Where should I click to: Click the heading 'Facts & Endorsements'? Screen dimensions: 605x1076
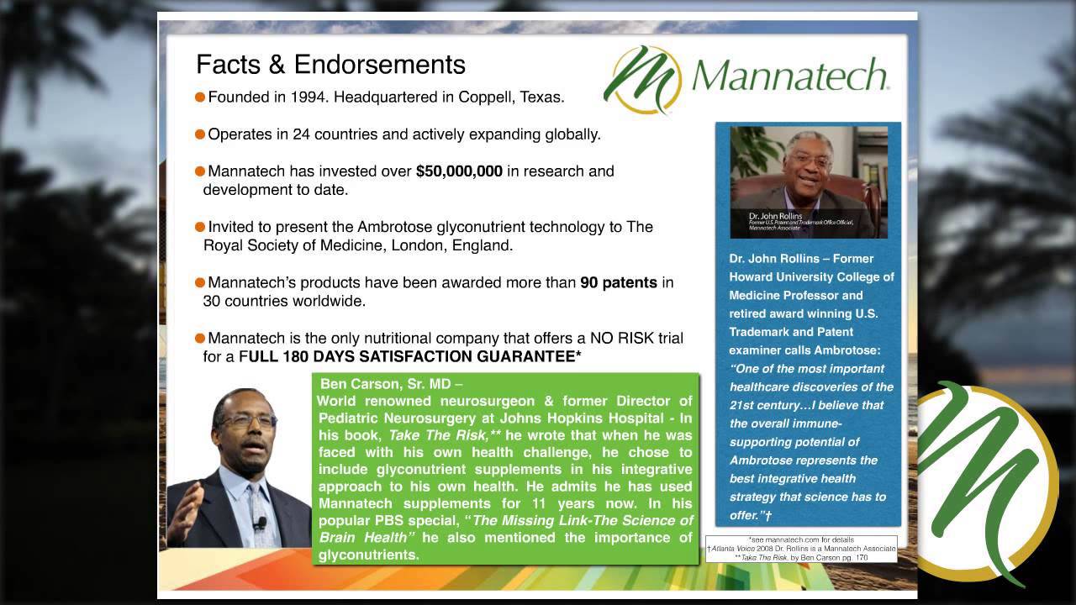330,65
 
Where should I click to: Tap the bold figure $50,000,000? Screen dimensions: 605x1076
459,171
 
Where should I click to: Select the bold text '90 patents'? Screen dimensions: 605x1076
619,282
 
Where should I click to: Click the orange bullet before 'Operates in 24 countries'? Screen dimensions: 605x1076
200,134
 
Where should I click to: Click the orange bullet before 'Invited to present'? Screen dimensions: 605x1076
200,227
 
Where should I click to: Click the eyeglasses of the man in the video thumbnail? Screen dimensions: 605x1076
810,158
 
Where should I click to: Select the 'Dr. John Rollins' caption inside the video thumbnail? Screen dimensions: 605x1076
775,216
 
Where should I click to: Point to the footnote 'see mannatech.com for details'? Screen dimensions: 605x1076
801,539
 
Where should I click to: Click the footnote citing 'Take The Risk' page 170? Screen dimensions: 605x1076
801,557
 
